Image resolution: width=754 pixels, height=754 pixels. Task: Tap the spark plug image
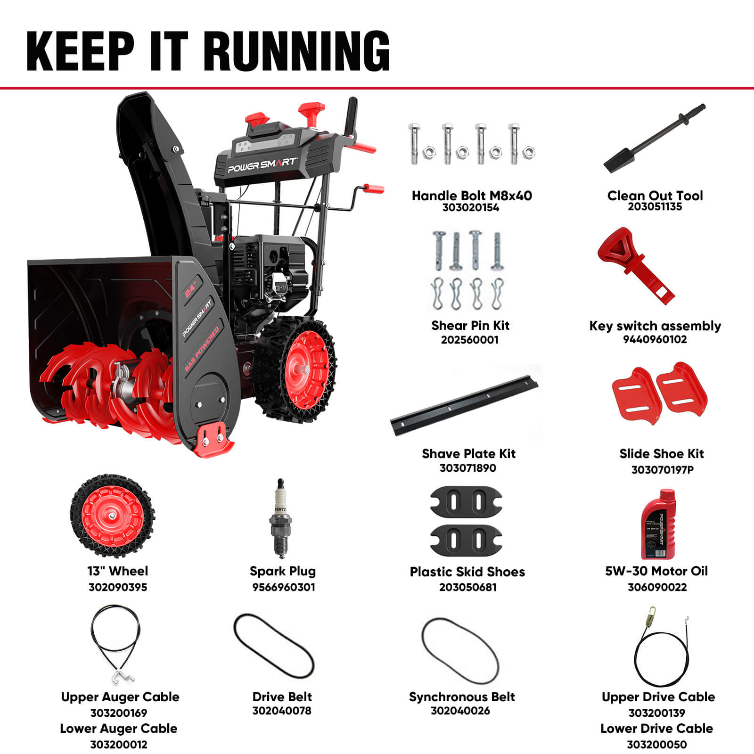coord(281,518)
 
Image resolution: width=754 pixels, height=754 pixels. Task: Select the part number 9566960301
coord(283,587)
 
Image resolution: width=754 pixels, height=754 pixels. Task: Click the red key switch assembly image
coord(634,264)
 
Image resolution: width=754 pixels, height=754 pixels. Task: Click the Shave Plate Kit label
coord(468,454)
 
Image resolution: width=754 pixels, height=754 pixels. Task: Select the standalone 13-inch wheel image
coord(112,516)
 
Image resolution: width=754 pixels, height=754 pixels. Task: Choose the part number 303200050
coord(656,745)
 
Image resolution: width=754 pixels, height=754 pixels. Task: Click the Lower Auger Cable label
coord(118,729)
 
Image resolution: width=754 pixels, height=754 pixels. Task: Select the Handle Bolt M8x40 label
coord(471,196)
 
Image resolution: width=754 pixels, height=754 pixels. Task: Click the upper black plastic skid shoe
coord(466,501)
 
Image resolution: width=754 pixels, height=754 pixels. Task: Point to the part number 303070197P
coord(662,469)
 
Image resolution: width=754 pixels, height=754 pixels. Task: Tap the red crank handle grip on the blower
coord(374,189)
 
